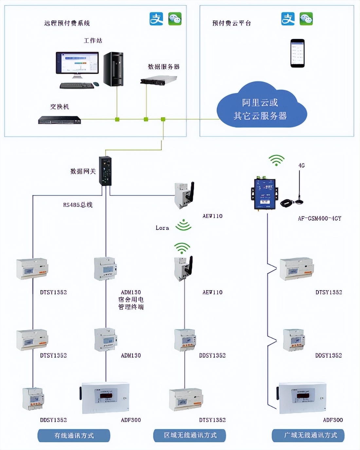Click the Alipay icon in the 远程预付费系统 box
156,19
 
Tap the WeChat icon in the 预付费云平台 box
306,19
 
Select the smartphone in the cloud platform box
297,53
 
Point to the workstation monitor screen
77,63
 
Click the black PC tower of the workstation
114,69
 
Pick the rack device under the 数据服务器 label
158,80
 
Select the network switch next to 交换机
60,120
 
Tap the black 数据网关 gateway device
105,171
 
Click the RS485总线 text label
78,205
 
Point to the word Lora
162,228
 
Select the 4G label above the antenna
301,165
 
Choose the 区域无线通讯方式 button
190,435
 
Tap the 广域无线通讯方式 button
308,435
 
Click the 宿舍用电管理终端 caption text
131,303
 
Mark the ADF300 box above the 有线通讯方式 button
105,398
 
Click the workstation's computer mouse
96,84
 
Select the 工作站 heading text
93,41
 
